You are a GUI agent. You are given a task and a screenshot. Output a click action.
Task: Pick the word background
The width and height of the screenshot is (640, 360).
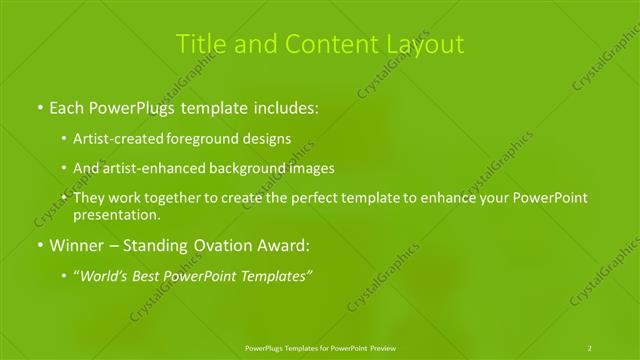pos(248,168)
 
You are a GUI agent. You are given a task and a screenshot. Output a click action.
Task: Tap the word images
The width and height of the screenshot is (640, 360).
pos(311,168)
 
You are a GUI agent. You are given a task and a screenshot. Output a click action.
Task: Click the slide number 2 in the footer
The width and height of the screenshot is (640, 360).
pos(590,348)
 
